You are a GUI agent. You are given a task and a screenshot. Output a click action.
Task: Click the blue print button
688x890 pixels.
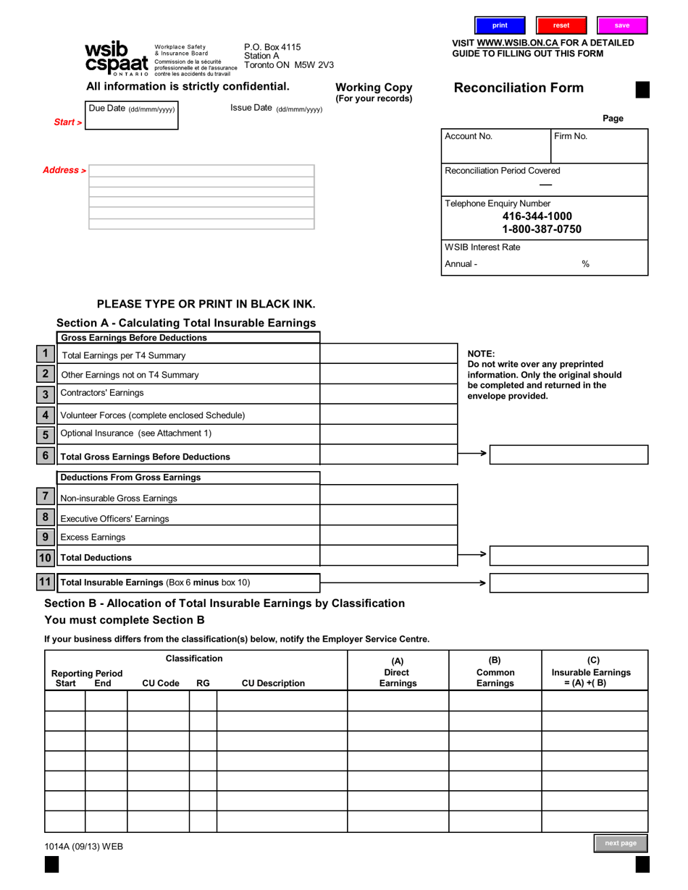click(500, 25)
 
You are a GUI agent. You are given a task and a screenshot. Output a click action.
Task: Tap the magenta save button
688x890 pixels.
click(622, 25)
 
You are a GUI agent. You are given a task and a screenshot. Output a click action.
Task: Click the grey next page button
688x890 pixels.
click(621, 843)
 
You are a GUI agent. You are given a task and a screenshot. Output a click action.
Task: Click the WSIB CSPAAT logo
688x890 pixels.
click(117, 58)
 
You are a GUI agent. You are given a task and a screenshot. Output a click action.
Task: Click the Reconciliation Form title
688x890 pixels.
click(519, 88)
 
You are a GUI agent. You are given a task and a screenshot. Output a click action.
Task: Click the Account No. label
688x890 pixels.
click(469, 136)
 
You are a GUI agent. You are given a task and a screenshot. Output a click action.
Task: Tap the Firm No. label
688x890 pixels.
click(571, 136)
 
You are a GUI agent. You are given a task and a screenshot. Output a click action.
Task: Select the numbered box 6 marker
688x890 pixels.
click(45, 456)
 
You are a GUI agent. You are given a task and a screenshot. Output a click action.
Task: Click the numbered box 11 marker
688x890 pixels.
click(45, 582)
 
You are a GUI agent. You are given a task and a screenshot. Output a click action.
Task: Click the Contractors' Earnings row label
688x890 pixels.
click(102, 393)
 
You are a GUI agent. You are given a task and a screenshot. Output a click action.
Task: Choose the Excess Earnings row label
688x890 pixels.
click(93, 537)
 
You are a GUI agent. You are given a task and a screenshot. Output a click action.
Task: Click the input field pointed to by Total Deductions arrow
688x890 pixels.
click(569, 556)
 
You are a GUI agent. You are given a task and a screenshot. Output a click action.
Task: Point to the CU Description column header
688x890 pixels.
click(273, 683)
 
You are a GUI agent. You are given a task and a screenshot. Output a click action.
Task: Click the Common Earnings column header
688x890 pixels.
click(495, 677)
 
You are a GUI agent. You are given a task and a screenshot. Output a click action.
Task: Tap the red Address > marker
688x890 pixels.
click(64, 170)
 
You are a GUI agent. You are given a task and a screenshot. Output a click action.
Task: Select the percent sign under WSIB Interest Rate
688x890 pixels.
click(585, 264)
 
